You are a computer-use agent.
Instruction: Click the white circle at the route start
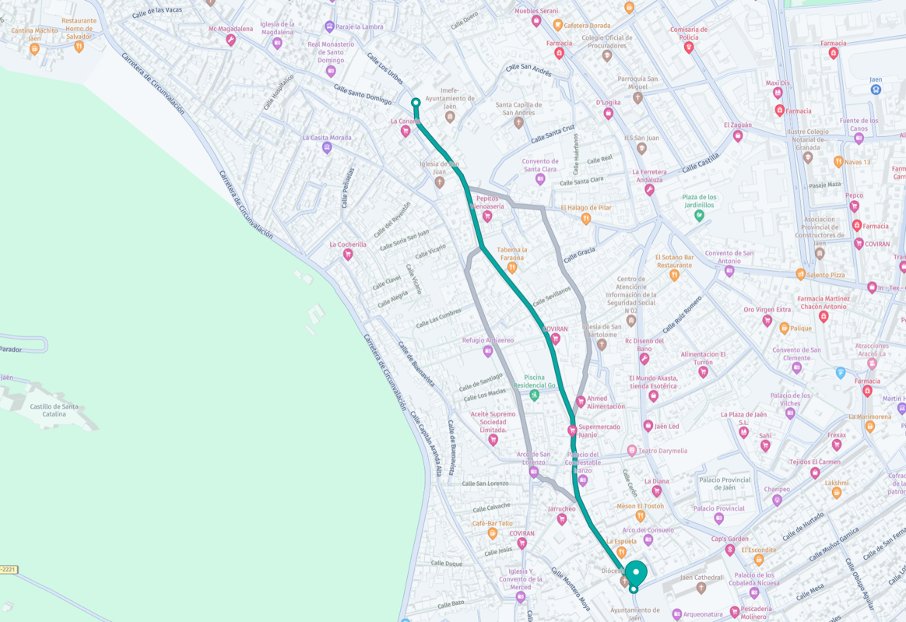click(416, 103)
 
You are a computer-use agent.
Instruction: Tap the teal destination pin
click(636, 573)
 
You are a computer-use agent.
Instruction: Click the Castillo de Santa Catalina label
click(54, 410)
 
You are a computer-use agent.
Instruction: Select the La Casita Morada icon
click(327, 148)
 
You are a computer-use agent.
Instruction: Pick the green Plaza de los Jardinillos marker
click(699, 216)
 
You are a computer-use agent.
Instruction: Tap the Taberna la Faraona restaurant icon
click(512, 268)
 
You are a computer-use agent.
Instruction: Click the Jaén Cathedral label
click(701, 578)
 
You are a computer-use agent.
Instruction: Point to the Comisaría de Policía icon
click(688, 47)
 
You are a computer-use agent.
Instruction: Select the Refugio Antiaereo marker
click(488, 351)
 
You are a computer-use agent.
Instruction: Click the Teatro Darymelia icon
click(632, 451)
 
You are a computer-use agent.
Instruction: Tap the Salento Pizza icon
click(800, 274)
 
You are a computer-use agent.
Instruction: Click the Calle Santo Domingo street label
click(363, 93)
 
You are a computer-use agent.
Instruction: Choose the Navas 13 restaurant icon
click(838, 162)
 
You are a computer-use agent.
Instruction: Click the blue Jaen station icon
click(876, 90)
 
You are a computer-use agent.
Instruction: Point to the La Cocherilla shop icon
click(348, 255)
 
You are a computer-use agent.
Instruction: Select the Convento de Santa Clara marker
click(540, 180)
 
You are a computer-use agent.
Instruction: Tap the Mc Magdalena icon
click(231, 40)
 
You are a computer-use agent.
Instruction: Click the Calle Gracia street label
click(579, 254)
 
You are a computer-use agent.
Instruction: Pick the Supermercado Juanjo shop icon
click(572, 430)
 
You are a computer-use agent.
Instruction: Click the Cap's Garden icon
click(729, 550)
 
